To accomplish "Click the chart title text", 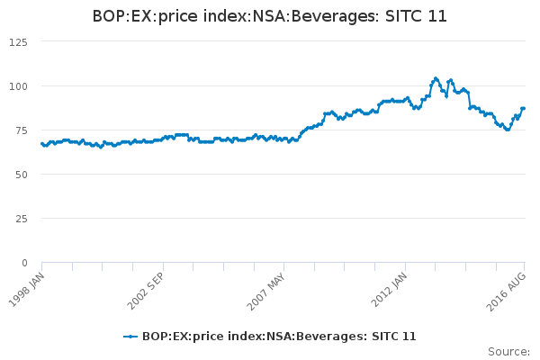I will pyautogui.click(x=270, y=16).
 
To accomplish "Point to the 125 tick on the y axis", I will pyautogui.click(x=18, y=42).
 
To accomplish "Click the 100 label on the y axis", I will pyautogui.click(x=18, y=86).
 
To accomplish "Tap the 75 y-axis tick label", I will pyautogui.click(x=21, y=130).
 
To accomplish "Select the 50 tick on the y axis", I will pyautogui.click(x=21, y=175).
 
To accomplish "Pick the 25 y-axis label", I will pyautogui.click(x=21, y=219).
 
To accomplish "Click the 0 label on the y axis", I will pyautogui.click(x=24, y=263).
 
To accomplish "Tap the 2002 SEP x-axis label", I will pyautogui.click(x=146, y=287).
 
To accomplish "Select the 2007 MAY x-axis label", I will pyautogui.click(x=266, y=287).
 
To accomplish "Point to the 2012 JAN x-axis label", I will pyautogui.click(x=388, y=287).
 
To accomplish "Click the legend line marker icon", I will pyautogui.click(x=130, y=336).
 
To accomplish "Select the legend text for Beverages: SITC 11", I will pyautogui.click(x=279, y=336).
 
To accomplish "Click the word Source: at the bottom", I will pyautogui.click(x=508, y=351).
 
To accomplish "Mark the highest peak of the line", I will pyautogui.click(x=436, y=78).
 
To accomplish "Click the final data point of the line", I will pyautogui.click(x=523, y=109).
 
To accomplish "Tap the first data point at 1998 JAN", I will pyautogui.click(x=42, y=144).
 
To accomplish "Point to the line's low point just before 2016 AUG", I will pyautogui.click(x=508, y=130).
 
